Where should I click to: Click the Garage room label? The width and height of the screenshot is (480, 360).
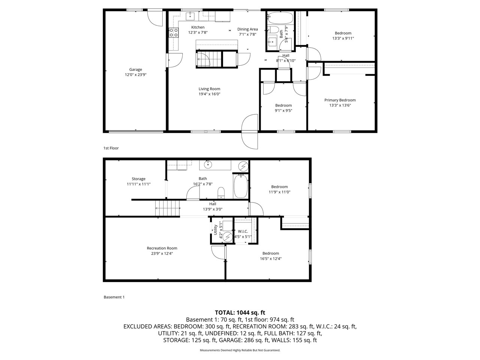(135, 69)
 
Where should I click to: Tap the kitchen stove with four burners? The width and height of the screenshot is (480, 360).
(174, 33)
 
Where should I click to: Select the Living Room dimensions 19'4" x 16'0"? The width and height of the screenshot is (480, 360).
(209, 94)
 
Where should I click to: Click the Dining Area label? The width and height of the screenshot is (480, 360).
(247, 29)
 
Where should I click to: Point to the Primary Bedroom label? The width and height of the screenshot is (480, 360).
(340, 100)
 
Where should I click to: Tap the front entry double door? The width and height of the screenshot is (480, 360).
(250, 131)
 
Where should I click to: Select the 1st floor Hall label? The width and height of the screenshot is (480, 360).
(286, 55)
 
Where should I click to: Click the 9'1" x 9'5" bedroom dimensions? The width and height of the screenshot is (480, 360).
(283, 111)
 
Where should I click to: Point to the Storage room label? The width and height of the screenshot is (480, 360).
(138, 179)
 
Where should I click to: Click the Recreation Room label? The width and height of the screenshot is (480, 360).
(162, 248)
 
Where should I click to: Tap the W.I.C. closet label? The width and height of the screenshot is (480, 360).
(243, 231)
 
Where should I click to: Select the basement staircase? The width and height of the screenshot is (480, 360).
(168, 208)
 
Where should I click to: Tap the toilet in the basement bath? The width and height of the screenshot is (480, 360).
(221, 193)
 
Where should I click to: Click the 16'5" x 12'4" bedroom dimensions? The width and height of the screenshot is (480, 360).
(270, 258)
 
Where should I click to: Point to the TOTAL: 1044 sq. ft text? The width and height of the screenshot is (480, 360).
(240, 312)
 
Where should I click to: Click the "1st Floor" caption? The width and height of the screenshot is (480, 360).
(111, 148)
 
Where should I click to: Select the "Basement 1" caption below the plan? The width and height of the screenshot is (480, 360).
(114, 297)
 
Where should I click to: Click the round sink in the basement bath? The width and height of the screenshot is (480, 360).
(208, 165)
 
